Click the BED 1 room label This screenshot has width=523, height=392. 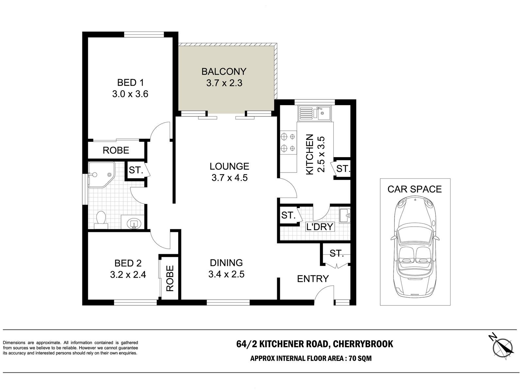(130, 83)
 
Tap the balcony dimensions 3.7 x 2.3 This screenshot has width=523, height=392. (224, 83)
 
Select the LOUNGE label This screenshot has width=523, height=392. (229, 166)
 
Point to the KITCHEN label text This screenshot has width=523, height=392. (309, 155)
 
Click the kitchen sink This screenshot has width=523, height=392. (314, 114)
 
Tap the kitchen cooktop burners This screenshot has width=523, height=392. (288, 143)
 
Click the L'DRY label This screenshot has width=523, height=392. (320, 227)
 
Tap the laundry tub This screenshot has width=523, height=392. (345, 216)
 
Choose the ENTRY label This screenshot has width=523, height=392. (313, 279)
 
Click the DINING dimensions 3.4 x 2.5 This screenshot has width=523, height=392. (226, 274)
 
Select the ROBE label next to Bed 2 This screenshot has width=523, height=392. (170, 278)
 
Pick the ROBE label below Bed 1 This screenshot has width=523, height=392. (116, 150)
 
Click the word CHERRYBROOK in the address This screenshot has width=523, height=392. (363, 344)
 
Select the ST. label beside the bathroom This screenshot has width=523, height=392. (136, 170)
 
